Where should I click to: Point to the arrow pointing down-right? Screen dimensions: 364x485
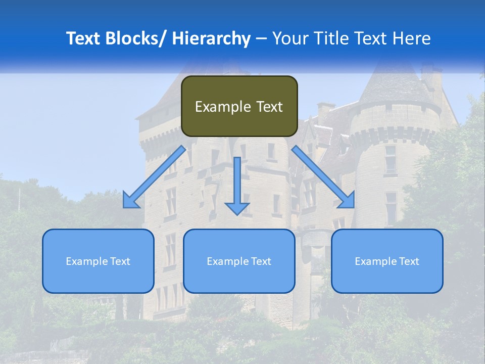coord(323,177)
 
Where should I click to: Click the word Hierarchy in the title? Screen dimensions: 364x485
coord(211,38)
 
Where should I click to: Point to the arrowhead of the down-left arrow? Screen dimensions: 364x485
coord(130,201)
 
